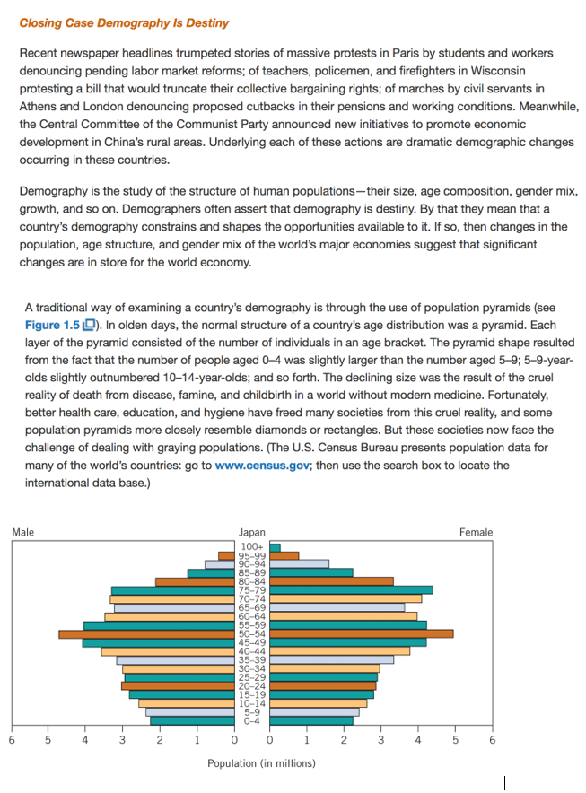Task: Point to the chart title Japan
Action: (x=251, y=532)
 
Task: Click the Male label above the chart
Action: (x=23, y=532)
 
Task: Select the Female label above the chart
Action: (x=476, y=532)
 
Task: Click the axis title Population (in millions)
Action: (x=261, y=763)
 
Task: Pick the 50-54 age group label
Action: (x=251, y=634)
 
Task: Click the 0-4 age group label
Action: (x=251, y=720)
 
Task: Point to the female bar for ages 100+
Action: (x=276, y=547)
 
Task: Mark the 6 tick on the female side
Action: (x=492, y=740)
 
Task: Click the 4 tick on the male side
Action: (x=84, y=740)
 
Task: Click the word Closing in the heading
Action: (x=40, y=22)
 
